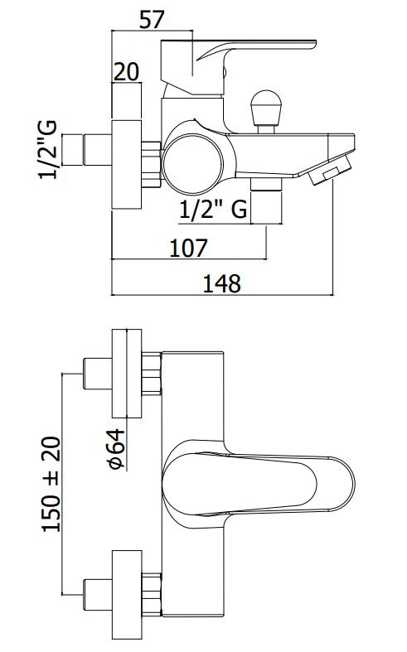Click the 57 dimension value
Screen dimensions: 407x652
coord(152,20)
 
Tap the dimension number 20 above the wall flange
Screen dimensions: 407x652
coord(126,72)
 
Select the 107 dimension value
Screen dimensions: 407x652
coord(188,249)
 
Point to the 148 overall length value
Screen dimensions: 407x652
coord(222,284)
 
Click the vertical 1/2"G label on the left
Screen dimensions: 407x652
coord(48,150)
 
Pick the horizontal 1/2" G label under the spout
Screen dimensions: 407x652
coord(214,209)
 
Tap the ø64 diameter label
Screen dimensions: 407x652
coord(117,449)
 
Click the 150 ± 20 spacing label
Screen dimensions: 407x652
coord(51,484)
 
